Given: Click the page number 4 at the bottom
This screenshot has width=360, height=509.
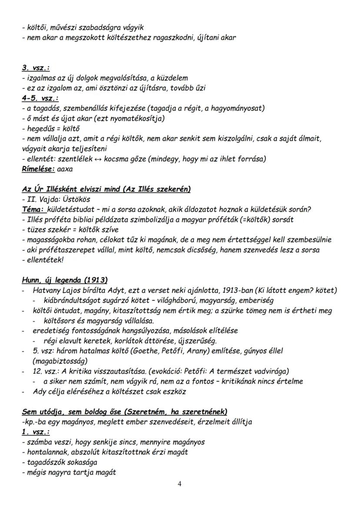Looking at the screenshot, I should point(180,485).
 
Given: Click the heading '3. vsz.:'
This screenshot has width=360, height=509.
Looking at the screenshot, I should point(36,68).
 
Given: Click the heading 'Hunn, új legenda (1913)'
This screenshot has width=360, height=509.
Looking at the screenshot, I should point(65,279).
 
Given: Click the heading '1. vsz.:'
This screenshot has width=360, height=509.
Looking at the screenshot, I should point(36,432).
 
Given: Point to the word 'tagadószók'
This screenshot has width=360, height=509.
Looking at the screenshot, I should point(43,462).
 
